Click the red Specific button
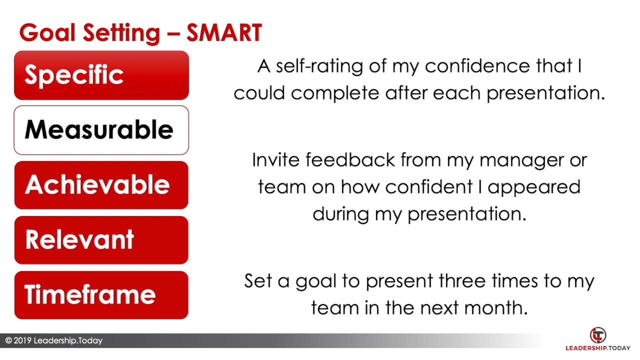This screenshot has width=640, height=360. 101,75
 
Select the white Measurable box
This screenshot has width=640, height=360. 101,130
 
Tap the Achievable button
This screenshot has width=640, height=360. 101,185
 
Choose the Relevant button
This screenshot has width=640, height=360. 101,240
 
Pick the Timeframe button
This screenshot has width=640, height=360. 101,295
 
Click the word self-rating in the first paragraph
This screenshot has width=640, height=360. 319,66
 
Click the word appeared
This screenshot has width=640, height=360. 534,188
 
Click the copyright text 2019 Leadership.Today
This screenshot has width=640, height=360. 54,341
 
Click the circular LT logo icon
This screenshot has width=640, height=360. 598,335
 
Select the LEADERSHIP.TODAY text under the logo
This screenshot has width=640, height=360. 598,348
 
